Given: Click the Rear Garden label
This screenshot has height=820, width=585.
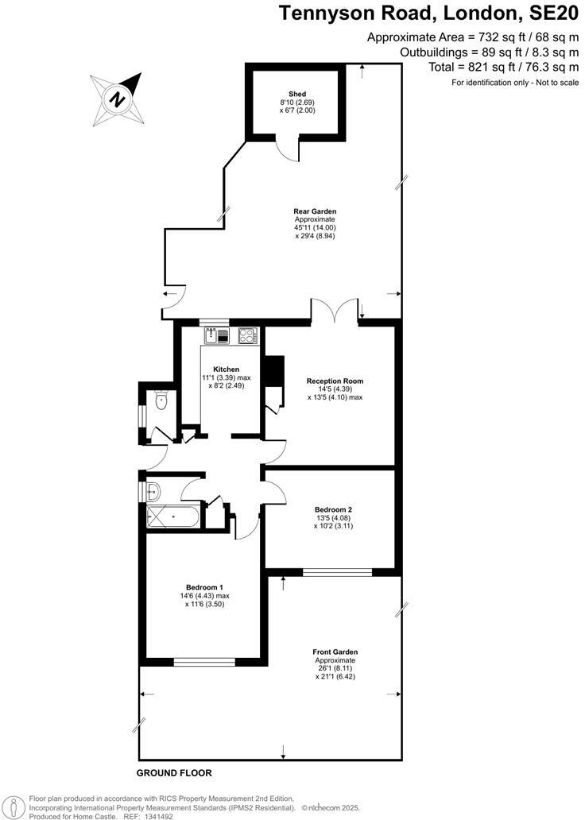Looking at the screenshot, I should [x=316, y=211].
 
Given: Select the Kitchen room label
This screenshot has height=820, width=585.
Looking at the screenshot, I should [x=227, y=369].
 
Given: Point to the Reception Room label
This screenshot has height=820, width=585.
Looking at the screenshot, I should [x=335, y=381].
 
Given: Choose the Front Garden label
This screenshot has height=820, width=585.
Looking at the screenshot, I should [x=335, y=652].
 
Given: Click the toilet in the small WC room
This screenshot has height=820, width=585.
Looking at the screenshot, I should [x=161, y=401].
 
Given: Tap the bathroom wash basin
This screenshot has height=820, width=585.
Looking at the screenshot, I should [x=154, y=492].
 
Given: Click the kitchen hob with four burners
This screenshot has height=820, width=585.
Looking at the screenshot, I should [x=248, y=336].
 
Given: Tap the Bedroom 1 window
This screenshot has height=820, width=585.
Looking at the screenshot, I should [x=204, y=661].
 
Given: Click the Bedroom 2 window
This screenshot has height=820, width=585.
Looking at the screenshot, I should [x=337, y=571].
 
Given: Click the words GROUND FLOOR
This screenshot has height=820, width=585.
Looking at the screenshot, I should [x=174, y=773].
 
